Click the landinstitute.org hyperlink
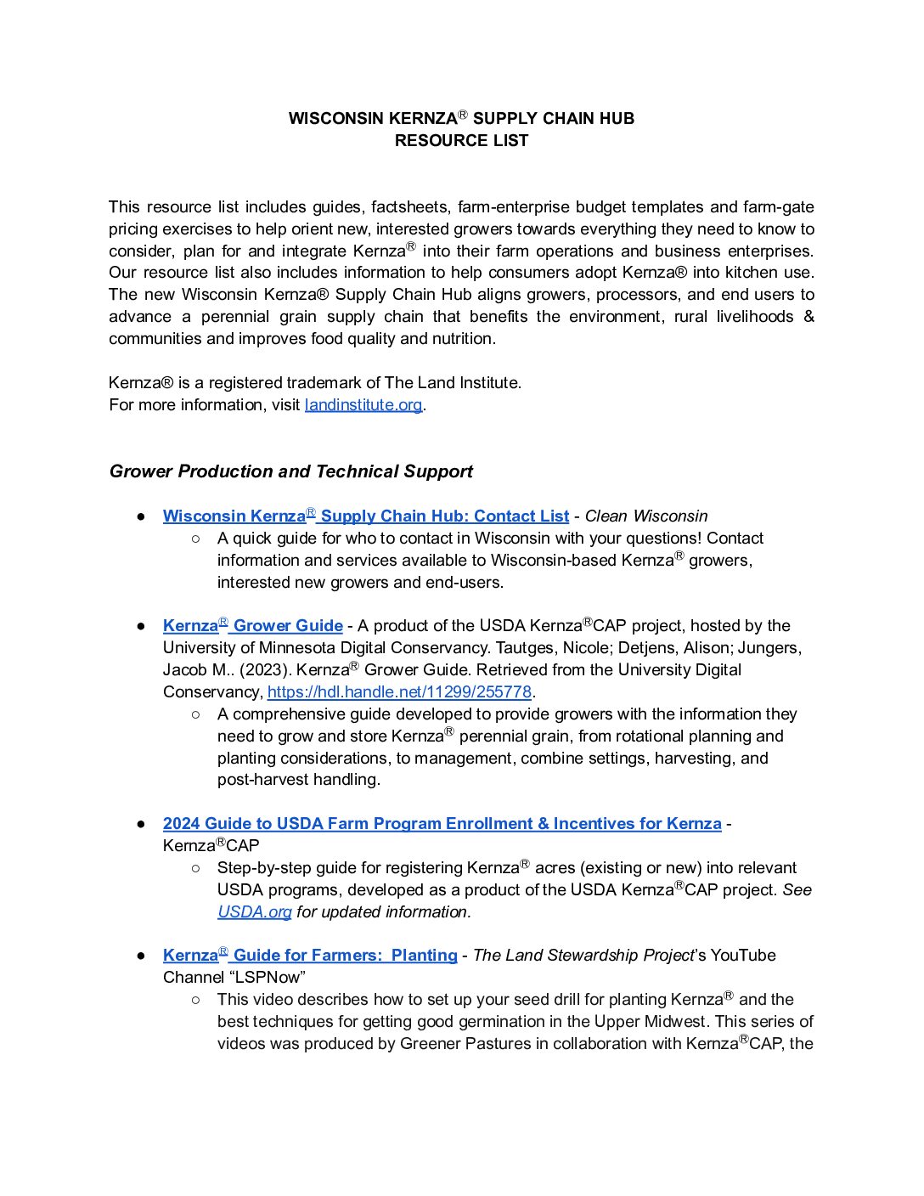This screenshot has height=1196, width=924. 363,405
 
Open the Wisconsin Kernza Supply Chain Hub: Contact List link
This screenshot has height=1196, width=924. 365,516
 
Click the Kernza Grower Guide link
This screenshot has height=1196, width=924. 252,626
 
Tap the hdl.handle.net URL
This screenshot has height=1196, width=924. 399,692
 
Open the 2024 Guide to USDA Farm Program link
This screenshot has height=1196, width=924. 442,824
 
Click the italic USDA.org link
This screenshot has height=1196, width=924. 254,912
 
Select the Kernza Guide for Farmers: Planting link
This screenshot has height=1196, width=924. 310,956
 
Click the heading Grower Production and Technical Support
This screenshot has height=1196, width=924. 290,471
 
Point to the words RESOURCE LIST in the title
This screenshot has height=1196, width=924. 461,141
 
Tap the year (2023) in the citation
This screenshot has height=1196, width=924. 264,670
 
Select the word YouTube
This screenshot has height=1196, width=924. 743,956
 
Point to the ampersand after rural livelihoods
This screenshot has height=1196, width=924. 808,317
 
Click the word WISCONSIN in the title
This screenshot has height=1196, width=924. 335,119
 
